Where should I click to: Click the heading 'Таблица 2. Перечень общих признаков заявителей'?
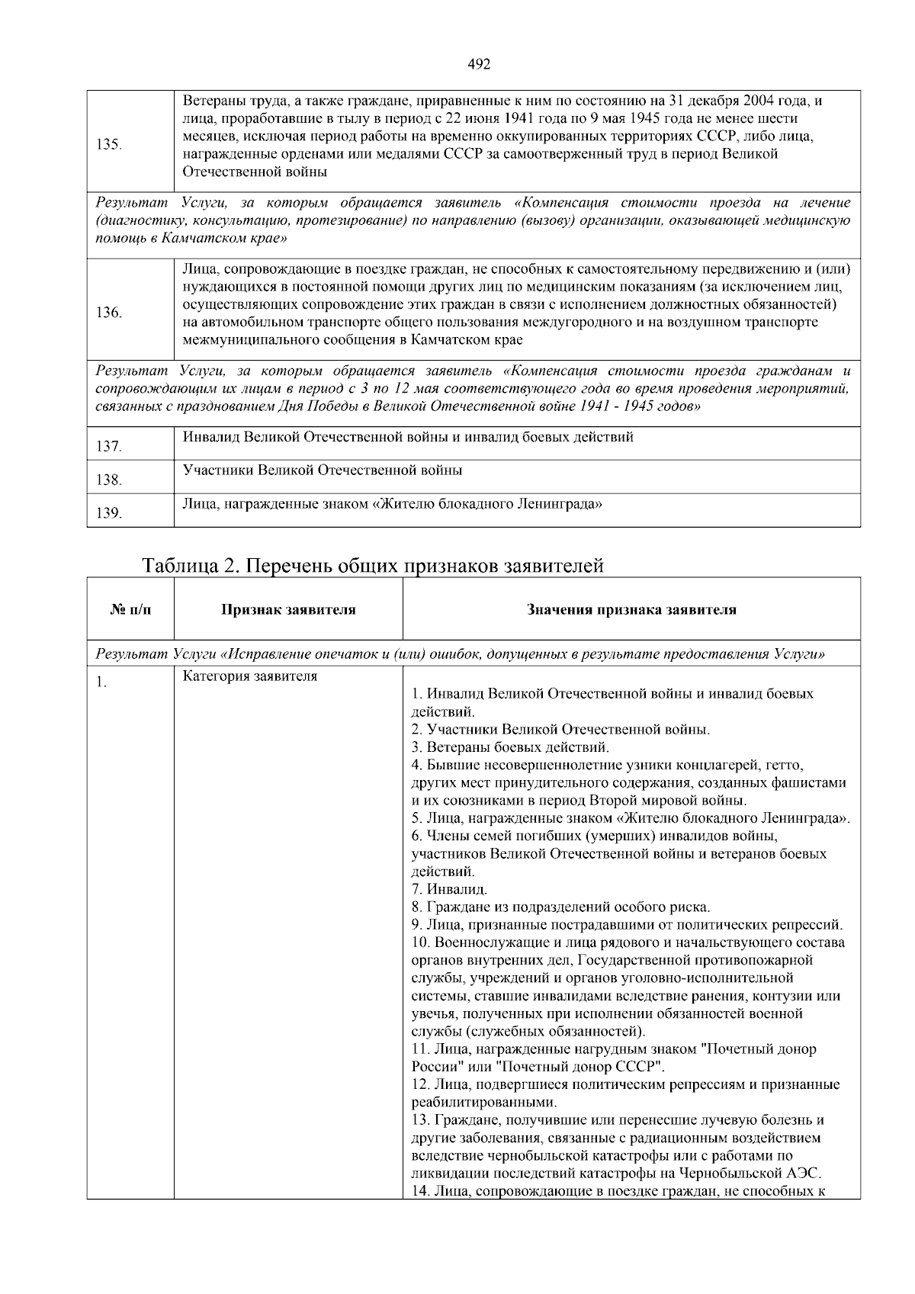(x=373, y=567)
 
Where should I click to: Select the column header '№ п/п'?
(x=130, y=610)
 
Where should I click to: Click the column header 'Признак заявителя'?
(x=288, y=610)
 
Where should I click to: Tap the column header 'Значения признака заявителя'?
(x=631, y=610)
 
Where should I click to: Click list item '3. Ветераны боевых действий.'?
(x=510, y=747)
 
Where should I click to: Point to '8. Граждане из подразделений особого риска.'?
(x=560, y=907)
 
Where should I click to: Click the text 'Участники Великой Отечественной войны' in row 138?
(x=322, y=470)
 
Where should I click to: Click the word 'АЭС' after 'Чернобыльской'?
(x=804, y=1174)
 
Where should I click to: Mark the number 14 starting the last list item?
(x=419, y=1191)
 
